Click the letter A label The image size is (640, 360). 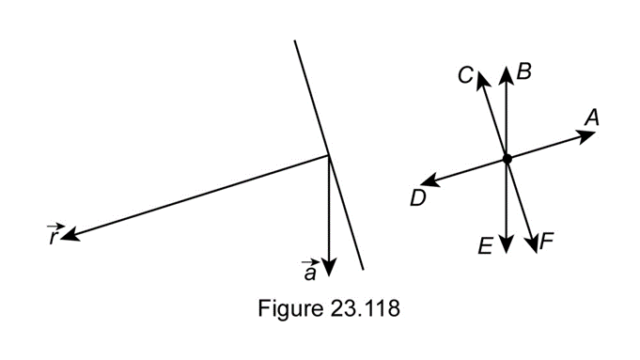point(592,117)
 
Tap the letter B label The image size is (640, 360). point(524,71)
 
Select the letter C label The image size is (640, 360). point(465,75)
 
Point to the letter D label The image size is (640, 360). point(418,198)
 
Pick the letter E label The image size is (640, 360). point(485,246)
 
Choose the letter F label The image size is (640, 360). point(547,241)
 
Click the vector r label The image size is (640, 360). point(55,235)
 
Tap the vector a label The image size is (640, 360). point(309,271)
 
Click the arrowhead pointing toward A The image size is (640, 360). point(585,135)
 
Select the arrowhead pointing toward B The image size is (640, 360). point(507,76)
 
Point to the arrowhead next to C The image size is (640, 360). point(482,79)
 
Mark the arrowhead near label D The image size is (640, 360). point(430,180)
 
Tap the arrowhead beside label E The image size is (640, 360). point(507,243)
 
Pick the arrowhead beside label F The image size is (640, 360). point(532,244)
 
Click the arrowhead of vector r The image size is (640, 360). point(71,234)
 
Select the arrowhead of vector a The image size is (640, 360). point(329,268)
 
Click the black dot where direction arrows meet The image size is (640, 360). point(507,159)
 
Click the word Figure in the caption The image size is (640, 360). point(290,308)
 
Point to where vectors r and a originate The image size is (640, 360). point(329,155)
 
